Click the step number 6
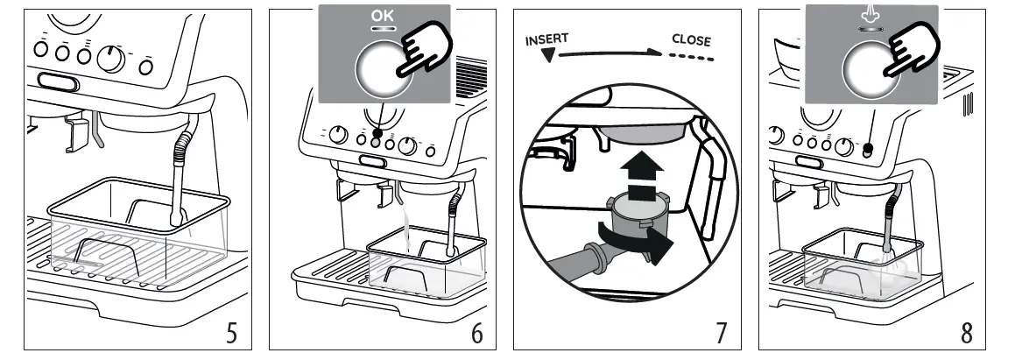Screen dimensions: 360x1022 476,333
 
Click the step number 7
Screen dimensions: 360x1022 721,333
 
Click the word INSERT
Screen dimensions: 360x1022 546,41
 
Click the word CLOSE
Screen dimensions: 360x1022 691,40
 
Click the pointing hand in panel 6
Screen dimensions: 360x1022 424,52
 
